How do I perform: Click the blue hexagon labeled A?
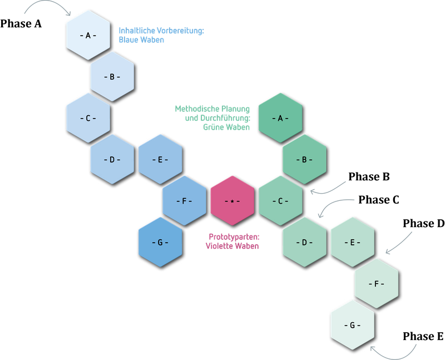(88, 35)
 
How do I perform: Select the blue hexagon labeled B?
(112, 77)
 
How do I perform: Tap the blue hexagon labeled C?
(88, 118)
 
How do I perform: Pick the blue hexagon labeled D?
(112, 160)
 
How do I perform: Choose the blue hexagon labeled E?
(160, 160)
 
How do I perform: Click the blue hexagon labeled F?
(184, 201)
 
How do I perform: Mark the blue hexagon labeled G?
(160, 243)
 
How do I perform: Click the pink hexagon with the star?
(232, 201)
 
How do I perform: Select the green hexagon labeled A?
(280, 118)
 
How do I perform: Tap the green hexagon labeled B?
(304, 160)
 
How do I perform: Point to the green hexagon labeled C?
(280, 201)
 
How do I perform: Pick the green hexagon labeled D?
(304, 243)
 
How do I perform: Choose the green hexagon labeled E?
(352, 243)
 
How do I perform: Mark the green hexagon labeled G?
(352, 326)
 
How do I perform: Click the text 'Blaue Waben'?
(141, 40)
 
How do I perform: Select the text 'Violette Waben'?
(232, 246)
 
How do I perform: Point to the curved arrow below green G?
(394, 352)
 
